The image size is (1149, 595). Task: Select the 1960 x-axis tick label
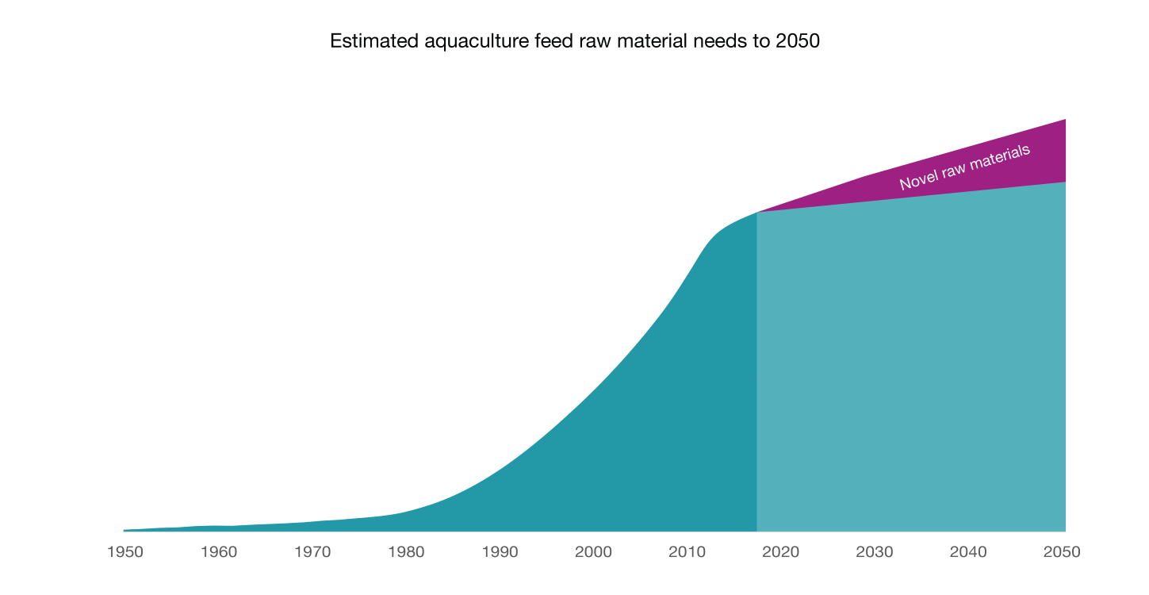[x=218, y=552]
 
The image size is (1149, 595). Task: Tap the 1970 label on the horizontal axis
[x=312, y=552]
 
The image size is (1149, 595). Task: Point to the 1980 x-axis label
[x=406, y=552]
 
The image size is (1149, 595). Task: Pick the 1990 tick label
[x=500, y=552]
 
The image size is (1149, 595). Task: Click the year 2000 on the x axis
[x=593, y=552]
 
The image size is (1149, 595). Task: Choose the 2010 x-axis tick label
[x=687, y=552]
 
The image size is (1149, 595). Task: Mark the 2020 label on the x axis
[x=780, y=552]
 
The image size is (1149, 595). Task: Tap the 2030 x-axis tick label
[x=874, y=552]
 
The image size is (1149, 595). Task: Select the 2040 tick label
[x=968, y=552]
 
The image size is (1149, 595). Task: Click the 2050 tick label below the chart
[x=1062, y=552]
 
